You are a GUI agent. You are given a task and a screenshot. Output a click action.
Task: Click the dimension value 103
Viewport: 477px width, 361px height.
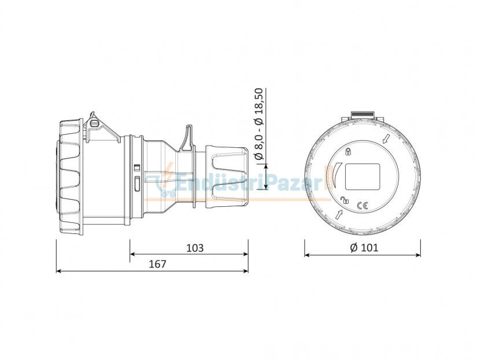point(195,248)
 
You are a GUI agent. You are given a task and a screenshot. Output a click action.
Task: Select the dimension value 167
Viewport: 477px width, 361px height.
point(157,264)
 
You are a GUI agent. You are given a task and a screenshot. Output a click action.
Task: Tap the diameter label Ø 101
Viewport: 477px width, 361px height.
point(364,248)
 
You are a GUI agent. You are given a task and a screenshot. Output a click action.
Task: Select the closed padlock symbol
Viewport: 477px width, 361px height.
point(348,152)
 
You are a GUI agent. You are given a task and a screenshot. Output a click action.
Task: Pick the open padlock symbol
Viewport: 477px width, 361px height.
point(345,200)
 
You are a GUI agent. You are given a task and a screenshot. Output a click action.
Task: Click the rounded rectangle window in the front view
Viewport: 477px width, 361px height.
point(363,176)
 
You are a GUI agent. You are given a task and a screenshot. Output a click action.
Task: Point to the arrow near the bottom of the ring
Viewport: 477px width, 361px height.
point(338,215)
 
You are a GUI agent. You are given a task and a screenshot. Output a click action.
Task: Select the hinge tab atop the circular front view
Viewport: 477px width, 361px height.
point(363,114)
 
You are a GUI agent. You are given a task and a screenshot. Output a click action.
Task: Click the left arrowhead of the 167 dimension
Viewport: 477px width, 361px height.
point(58,271)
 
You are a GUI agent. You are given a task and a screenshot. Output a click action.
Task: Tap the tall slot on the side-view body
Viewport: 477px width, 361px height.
point(136,183)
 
